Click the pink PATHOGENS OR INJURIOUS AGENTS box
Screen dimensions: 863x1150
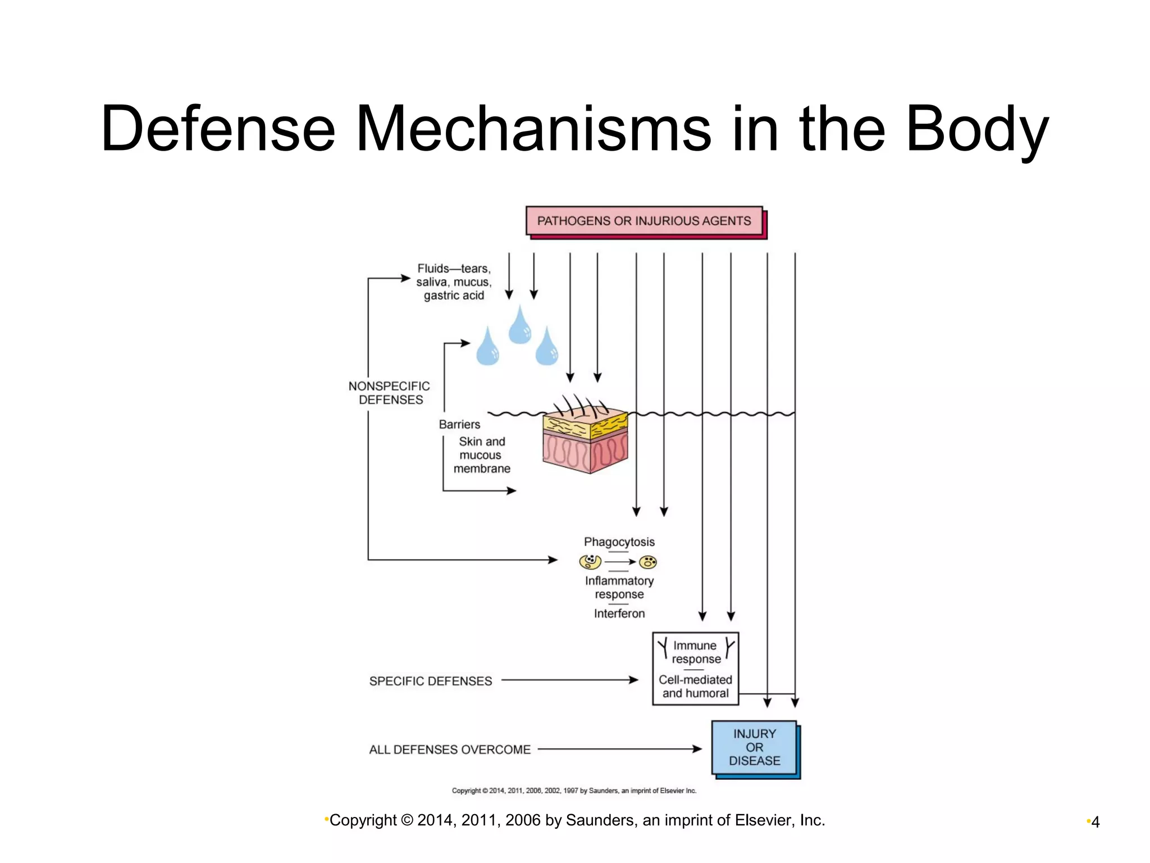(644, 221)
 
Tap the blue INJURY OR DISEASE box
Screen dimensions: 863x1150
(754, 747)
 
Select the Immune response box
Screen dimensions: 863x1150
(695, 668)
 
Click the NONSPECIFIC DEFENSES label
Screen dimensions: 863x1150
(389, 393)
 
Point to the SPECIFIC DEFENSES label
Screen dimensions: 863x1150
(430, 681)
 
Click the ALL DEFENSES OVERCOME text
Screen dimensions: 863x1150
(449, 750)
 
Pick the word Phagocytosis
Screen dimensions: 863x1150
(619, 542)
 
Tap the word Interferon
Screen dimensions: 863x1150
(619, 614)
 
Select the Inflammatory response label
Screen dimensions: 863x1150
(619, 587)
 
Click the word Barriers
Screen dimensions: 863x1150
(459, 424)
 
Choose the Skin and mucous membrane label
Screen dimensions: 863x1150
(482, 455)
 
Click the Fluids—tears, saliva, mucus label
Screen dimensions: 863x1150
(454, 281)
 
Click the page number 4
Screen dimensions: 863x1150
(1095, 822)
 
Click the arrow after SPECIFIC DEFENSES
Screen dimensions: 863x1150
(569, 680)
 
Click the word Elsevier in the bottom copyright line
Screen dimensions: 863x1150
(765, 820)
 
